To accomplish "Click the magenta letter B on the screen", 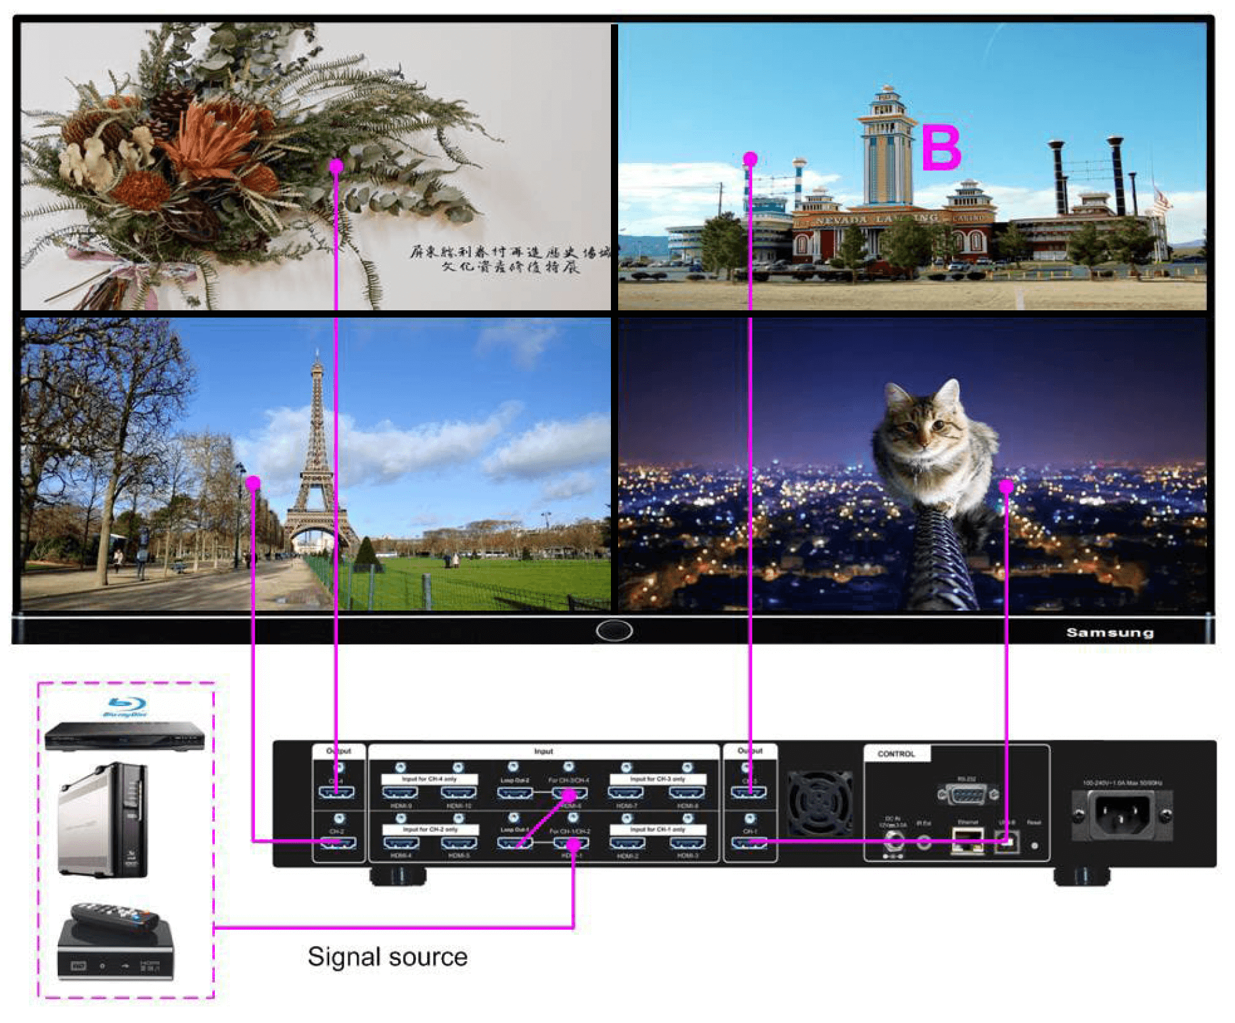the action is click(x=941, y=147).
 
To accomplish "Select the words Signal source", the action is click(x=387, y=957).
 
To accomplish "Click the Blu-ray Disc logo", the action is click(x=125, y=707).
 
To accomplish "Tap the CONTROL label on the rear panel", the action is click(x=895, y=754).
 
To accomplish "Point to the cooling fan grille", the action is click(x=819, y=803).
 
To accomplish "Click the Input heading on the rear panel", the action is click(x=543, y=751).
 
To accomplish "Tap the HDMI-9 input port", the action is click(x=400, y=793).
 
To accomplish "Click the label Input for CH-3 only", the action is click(x=657, y=779).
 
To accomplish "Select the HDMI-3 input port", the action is click(x=687, y=844).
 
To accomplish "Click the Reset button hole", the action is click(x=1035, y=845).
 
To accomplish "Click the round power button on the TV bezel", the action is click(x=614, y=630).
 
